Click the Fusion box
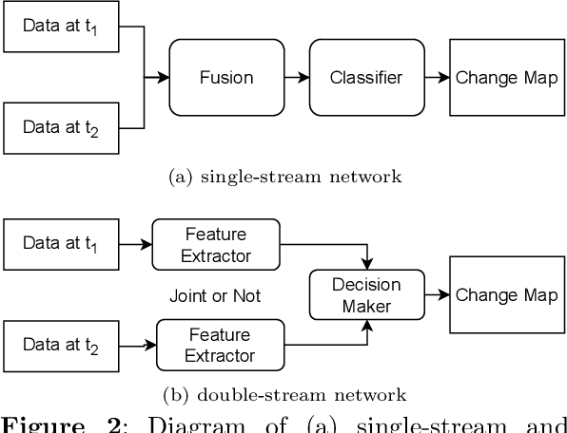tap(226, 78)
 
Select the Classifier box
tap(366, 78)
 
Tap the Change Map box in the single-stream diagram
tap(506, 78)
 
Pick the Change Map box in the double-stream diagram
tap(506, 294)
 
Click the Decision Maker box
tap(366, 295)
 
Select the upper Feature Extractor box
tap(217, 245)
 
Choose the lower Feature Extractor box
tap(220, 346)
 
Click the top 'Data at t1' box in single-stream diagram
tap(61, 27)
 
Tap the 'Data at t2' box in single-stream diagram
tap(61, 128)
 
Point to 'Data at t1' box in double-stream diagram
tap(61, 244)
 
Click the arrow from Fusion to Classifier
tap(297, 78)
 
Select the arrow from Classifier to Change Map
tap(437, 78)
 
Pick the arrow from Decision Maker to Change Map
tap(437, 295)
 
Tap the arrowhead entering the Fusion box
tap(163, 78)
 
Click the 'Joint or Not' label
tap(216, 296)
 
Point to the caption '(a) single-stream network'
tap(284, 176)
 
